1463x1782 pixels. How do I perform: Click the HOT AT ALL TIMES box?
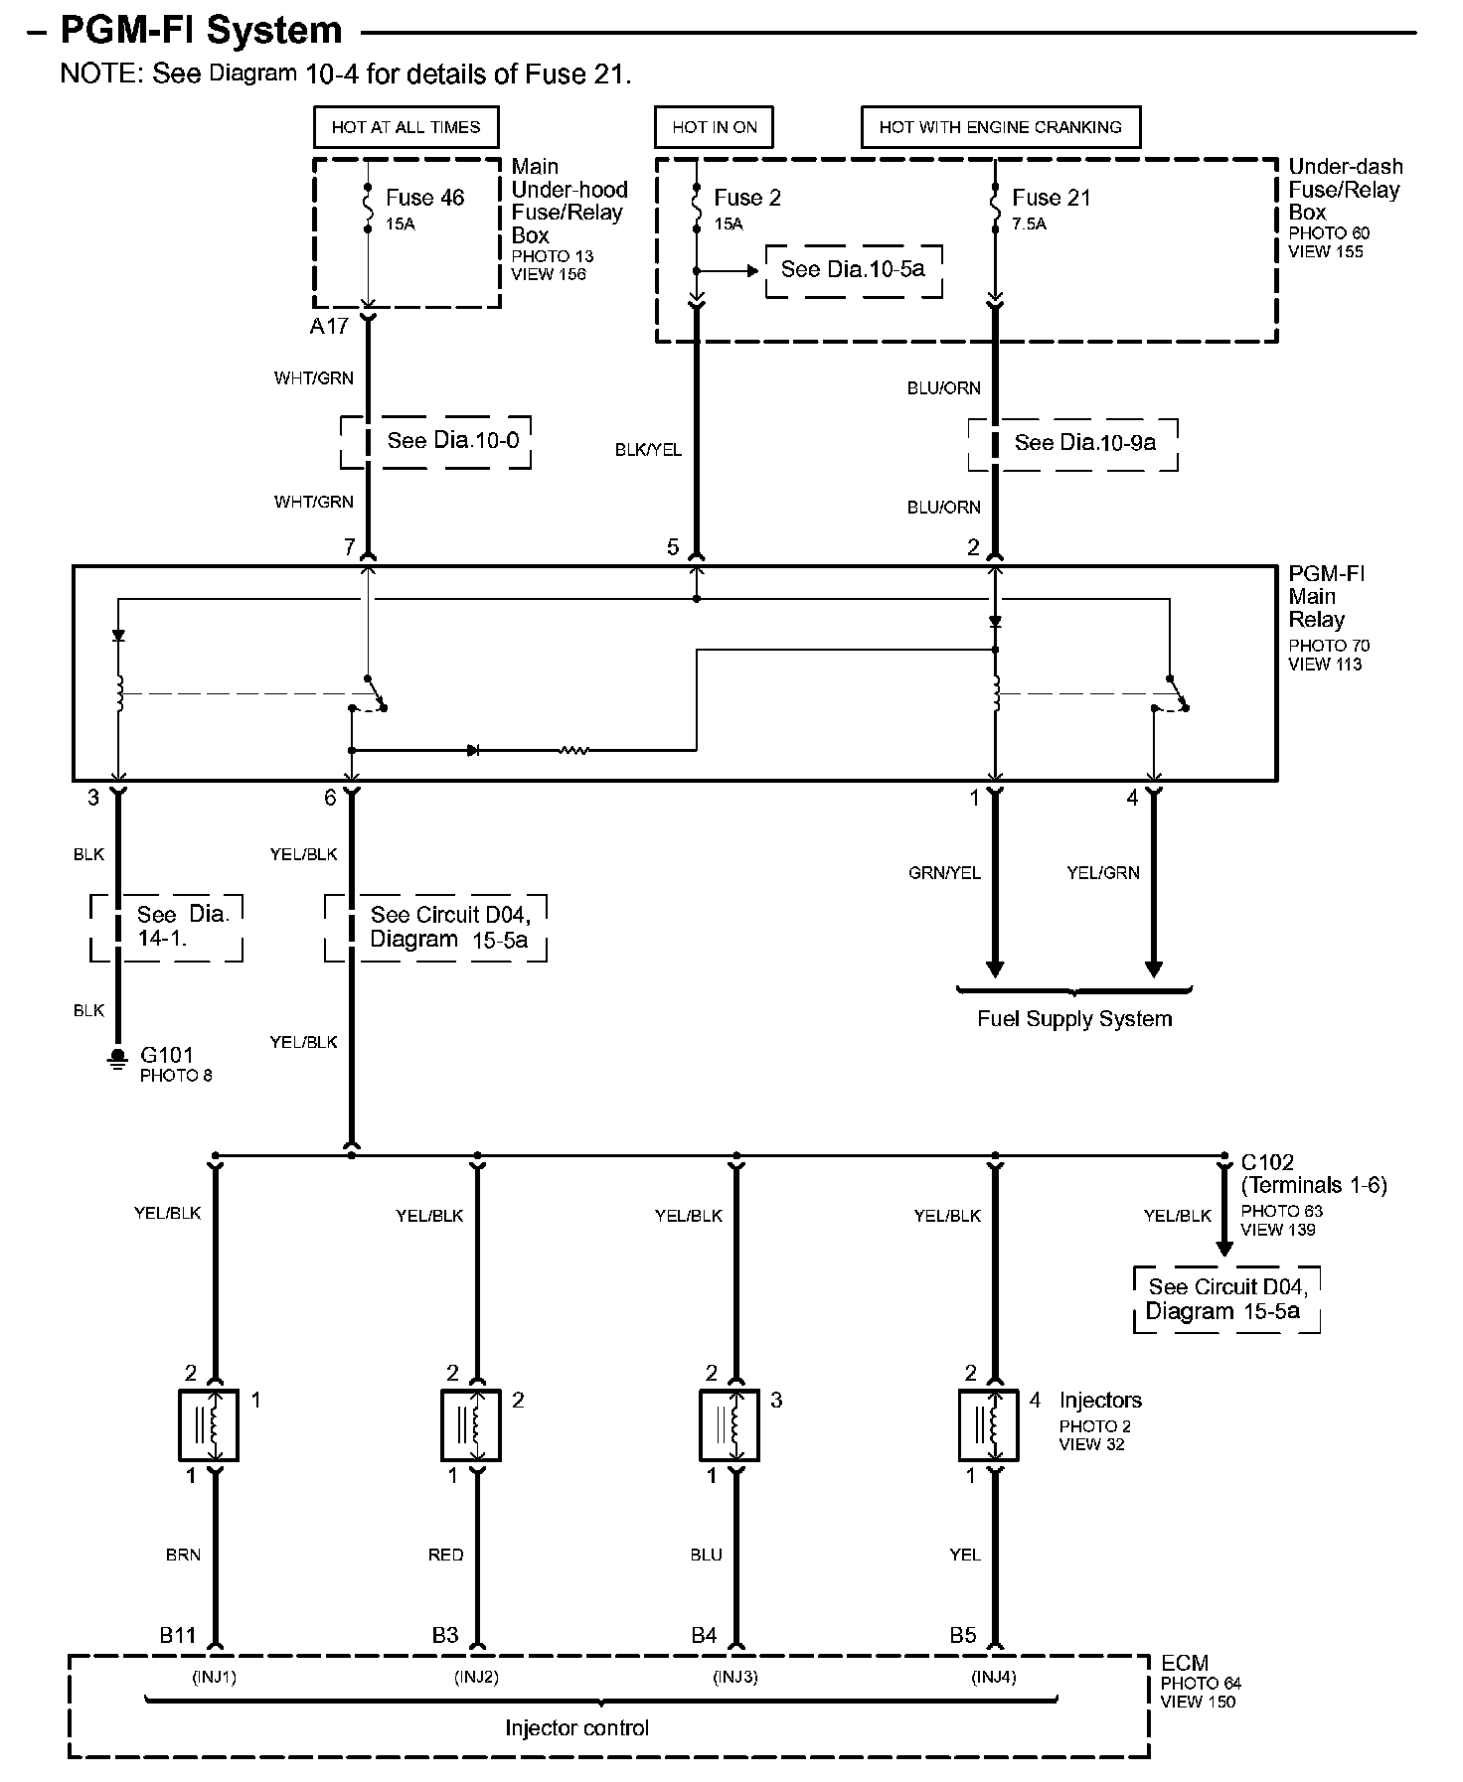[x=406, y=127]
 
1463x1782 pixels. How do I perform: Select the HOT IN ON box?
[x=714, y=127]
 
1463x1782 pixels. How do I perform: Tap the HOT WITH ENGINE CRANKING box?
[x=1000, y=127]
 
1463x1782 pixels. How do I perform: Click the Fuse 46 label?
[x=424, y=198]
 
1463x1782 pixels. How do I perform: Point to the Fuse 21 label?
[x=1051, y=198]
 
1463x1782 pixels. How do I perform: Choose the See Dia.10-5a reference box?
[x=853, y=269]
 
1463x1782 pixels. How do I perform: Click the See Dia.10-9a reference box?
[x=1073, y=443]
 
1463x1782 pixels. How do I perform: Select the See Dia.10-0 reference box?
[x=436, y=441]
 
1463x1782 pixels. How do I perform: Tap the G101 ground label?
[x=166, y=1055]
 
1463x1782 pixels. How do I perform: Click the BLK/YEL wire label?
[x=648, y=450]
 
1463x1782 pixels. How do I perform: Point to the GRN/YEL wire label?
[x=944, y=873]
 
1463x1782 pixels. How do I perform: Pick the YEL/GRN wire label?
[x=1102, y=873]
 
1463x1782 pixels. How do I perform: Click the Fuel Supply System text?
[x=1074, y=1019]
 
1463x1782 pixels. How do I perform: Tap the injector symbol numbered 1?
[x=208, y=1425]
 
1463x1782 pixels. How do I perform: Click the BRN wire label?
[x=183, y=1555]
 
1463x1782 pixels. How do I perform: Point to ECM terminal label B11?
[x=178, y=1635]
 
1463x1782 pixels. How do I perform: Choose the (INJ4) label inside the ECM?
[x=993, y=1678]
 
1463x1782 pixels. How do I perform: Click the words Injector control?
[x=576, y=1727]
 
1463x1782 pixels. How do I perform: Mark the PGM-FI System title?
[x=202, y=31]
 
